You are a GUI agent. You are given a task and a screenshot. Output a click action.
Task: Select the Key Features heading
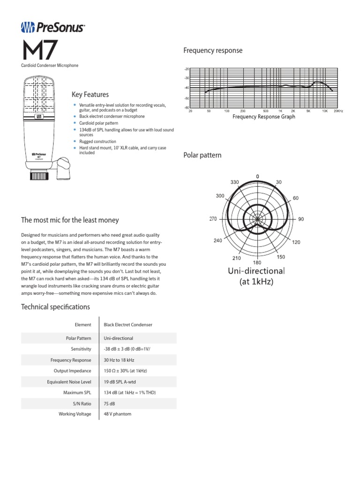90,95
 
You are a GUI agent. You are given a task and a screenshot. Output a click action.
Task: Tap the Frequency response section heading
213,51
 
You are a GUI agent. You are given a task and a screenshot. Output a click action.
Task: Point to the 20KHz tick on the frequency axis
338,111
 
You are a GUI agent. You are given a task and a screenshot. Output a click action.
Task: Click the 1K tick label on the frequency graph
279,111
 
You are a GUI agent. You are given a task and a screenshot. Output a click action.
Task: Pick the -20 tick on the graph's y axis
187,69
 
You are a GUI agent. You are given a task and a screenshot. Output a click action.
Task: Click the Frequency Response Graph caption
264,117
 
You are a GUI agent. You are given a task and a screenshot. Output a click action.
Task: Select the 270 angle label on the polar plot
213,219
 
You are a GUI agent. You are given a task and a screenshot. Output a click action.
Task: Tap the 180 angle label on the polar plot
257,262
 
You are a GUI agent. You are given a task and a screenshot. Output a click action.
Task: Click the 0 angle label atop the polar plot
257,176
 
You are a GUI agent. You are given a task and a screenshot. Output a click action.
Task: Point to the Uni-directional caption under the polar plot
256,271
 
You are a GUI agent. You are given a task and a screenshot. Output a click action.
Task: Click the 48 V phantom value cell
117,414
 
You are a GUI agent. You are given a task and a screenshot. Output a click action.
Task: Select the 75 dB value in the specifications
110,403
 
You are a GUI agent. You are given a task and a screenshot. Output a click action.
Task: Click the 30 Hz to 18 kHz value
119,360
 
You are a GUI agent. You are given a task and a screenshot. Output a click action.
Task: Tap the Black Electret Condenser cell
127,324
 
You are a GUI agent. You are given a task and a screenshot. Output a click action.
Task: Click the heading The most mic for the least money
70,220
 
